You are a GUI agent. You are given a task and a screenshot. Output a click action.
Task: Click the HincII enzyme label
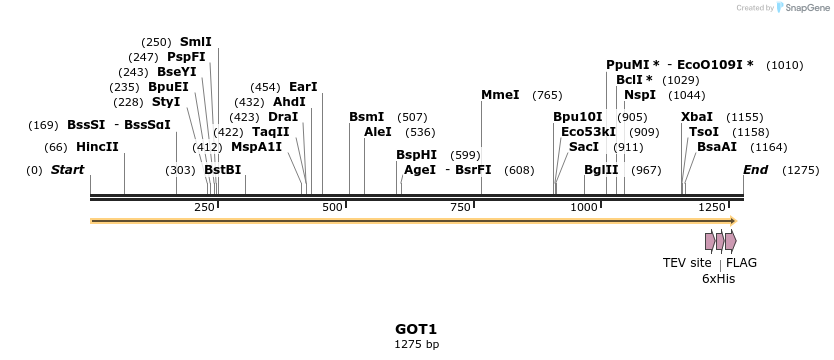pyautogui.click(x=97, y=147)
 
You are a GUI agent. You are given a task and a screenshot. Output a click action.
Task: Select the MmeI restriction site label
pyautogui.click(x=500, y=95)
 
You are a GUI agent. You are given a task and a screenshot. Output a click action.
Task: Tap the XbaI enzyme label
pyautogui.click(x=697, y=117)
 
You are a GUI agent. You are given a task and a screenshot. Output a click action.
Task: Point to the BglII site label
pyautogui.click(x=602, y=170)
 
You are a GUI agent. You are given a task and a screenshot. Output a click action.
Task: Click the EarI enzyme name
pyautogui.click(x=302, y=87)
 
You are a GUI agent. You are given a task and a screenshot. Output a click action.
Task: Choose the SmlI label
pyautogui.click(x=195, y=42)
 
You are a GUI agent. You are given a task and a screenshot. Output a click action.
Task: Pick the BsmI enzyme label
pyautogui.click(x=366, y=117)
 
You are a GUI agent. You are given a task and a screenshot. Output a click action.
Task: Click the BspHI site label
pyautogui.click(x=416, y=155)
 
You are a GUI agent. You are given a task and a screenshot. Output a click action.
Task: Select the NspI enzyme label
pyautogui.click(x=639, y=95)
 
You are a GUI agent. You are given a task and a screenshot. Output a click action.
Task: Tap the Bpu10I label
pyautogui.click(x=578, y=117)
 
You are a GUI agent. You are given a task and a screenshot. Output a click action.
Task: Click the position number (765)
pyautogui.click(x=547, y=95)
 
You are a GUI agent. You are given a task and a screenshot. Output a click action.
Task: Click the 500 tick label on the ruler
pyautogui.click(x=333, y=207)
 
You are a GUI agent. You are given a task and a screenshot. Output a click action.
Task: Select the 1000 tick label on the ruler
pyautogui.click(x=584, y=207)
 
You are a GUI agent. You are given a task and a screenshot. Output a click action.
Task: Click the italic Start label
pyautogui.click(x=67, y=170)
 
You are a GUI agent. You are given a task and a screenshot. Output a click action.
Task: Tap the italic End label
pyautogui.click(x=756, y=170)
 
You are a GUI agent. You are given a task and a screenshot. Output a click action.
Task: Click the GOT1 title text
pyautogui.click(x=416, y=329)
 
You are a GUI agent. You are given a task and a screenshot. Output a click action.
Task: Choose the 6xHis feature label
pyautogui.click(x=718, y=279)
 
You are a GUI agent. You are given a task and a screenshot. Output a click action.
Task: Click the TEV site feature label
pyautogui.click(x=687, y=263)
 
